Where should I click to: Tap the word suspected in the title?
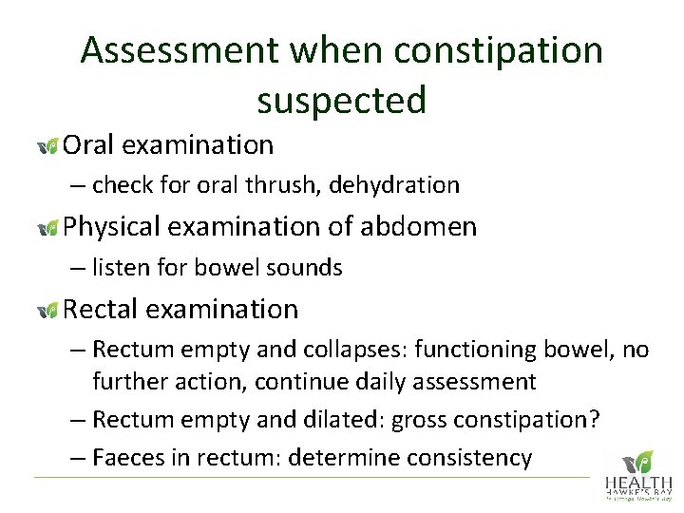[341, 98]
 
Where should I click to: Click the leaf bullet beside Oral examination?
[47, 145]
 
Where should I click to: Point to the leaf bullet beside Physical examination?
[47, 228]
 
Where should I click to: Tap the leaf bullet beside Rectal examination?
[47, 311]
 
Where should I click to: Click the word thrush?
[289, 185]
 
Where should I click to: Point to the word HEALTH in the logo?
[638, 484]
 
